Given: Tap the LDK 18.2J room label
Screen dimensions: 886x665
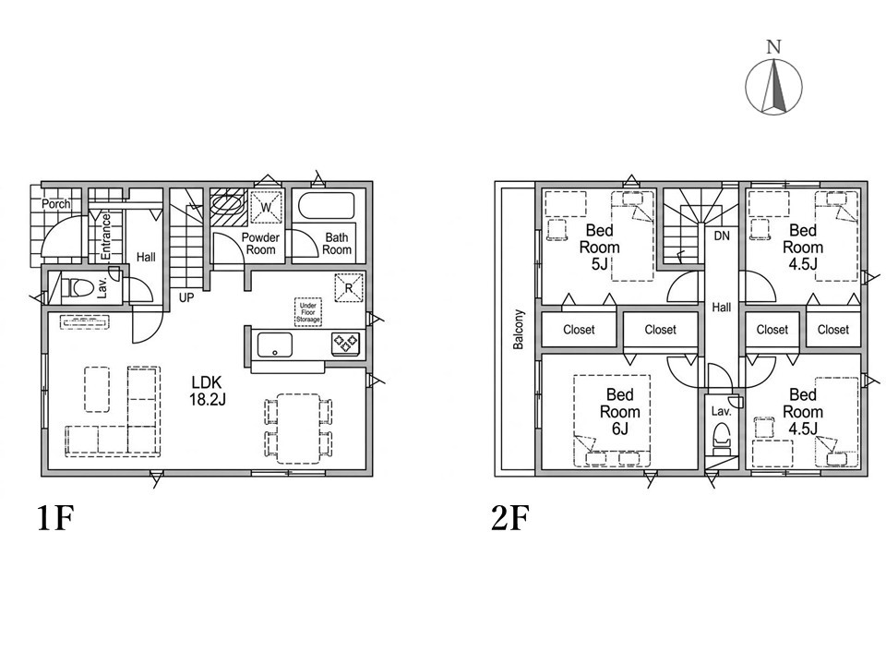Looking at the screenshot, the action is (208, 390).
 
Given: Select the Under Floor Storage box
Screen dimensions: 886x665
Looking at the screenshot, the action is (308, 312).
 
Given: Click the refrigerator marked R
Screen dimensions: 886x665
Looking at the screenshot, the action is (348, 287).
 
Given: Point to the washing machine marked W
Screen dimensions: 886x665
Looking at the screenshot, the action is (266, 206).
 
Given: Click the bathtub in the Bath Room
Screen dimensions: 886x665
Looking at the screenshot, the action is (326, 209).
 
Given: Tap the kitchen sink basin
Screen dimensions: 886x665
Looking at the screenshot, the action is (275, 345).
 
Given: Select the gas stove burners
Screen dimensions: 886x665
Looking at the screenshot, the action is (346, 344).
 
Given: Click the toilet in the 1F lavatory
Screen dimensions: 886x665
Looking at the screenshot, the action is (78, 287).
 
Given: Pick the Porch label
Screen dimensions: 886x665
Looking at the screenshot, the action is (56, 203).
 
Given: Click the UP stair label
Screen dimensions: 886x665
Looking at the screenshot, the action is (186, 297).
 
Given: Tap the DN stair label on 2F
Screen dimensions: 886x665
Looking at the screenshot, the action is (722, 236).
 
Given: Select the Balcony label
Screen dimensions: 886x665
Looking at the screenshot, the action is (519, 329).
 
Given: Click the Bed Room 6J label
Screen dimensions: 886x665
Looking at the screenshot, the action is (620, 412).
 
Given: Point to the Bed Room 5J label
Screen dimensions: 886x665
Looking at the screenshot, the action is (600, 248).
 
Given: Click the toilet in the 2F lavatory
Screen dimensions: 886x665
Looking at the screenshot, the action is (722, 437).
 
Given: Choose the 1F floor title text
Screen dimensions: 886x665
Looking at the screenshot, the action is (56, 518).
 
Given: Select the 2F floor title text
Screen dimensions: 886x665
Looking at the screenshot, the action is (510, 518).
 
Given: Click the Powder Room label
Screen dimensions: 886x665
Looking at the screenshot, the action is (260, 244).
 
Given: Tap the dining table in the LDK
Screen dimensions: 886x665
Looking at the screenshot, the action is (298, 428).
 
